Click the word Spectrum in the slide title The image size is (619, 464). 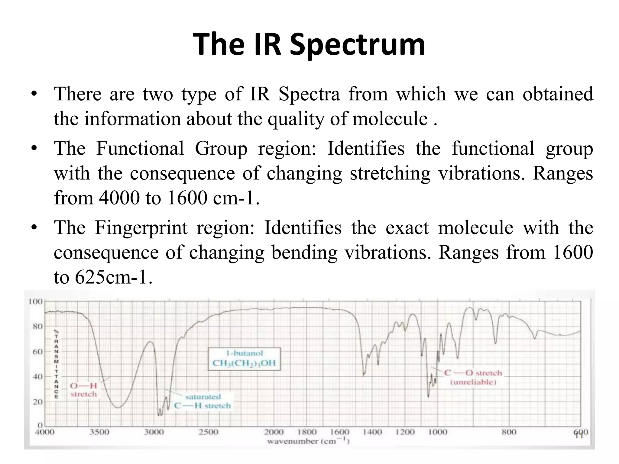click(357, 45)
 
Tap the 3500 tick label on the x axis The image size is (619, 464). click(99, 432)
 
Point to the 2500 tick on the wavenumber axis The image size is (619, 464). click(209, 432)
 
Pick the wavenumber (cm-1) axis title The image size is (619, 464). click(308, 441)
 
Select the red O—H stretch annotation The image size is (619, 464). click(83, 390)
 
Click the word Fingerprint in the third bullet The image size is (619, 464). click(141, 228)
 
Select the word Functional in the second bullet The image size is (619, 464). click(140, 149)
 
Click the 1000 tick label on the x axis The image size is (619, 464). click(438, 432)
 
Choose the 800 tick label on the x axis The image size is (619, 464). click(509, 432)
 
